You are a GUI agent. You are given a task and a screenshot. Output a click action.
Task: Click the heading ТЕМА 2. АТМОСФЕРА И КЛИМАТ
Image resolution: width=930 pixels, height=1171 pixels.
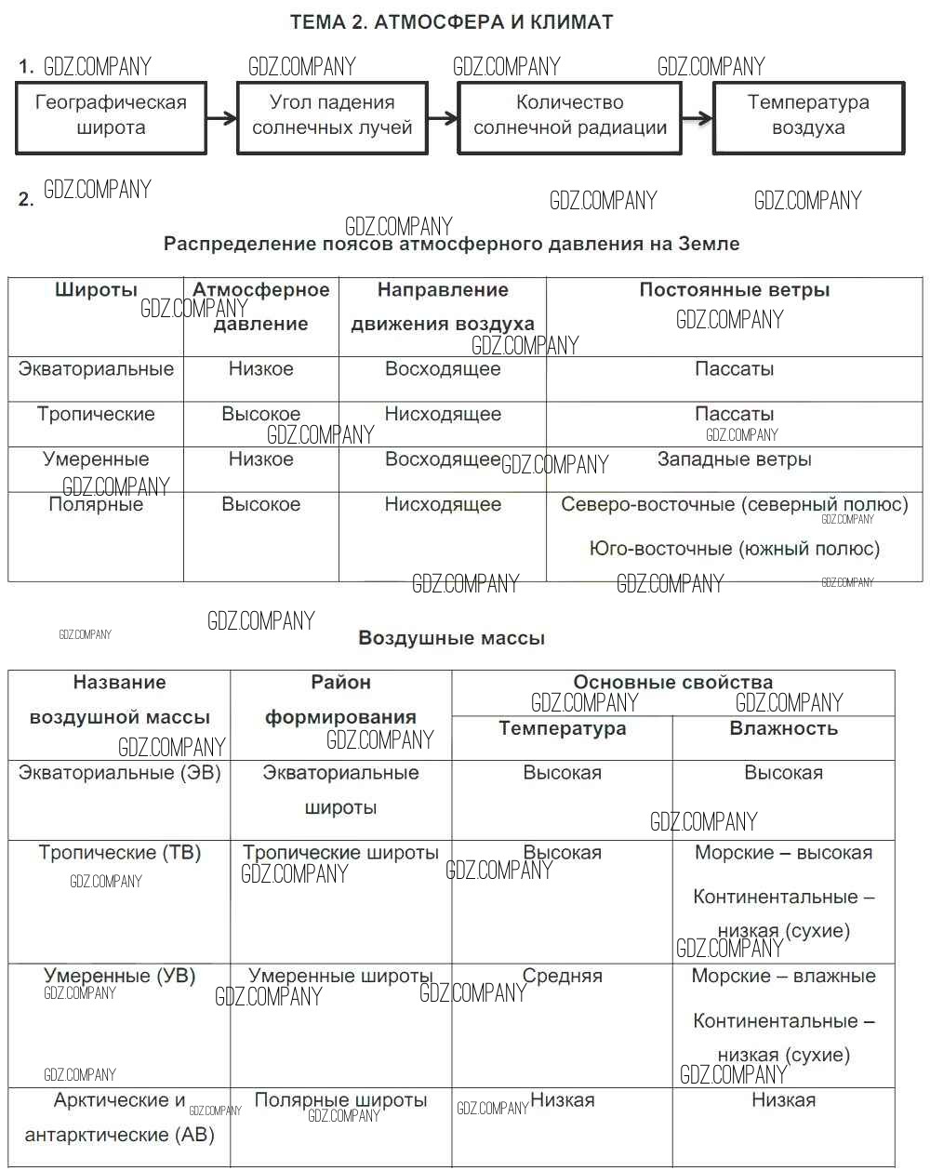point(451,22)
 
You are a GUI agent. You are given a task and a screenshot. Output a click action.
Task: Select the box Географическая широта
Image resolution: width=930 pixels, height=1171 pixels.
point(111,116)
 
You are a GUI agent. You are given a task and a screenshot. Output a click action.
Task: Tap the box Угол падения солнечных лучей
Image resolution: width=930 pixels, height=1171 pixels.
point(332,116)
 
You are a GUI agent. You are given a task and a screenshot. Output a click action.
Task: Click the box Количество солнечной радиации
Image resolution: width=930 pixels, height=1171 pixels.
point(569,116)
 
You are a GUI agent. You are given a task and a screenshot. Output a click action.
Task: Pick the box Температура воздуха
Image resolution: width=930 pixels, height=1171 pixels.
point(808,116)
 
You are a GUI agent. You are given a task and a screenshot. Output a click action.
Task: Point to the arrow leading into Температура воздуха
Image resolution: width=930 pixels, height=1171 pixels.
point(697,118)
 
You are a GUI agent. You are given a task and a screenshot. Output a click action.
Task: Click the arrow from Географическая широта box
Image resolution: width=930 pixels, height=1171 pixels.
point(221,118)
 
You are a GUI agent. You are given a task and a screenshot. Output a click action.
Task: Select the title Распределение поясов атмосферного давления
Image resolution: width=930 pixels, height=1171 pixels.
point(451,245)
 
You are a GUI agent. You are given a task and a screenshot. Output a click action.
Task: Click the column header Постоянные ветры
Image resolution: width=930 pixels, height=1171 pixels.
point(734,290)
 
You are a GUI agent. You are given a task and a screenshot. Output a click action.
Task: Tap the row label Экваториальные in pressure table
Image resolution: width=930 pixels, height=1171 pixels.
point(96,369)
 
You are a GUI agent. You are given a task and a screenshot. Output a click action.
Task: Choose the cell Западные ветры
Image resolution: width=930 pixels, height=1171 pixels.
point(734,459)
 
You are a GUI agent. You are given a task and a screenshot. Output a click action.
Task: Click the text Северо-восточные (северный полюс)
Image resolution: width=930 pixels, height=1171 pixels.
point(734,505)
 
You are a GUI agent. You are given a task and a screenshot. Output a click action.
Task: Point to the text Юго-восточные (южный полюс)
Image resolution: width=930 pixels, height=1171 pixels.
point(734,549)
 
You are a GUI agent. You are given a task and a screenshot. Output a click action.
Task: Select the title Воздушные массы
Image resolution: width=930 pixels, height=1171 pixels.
point(451,639)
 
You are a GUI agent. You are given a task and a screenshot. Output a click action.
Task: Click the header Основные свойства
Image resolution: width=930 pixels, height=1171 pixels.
point(672,683)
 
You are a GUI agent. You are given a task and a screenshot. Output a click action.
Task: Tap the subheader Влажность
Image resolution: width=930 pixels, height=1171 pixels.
point(783,729)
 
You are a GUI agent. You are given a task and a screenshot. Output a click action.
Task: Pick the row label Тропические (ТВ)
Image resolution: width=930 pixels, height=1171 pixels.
point(120,853)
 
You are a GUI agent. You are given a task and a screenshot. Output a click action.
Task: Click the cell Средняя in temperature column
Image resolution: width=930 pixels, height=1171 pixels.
point(563,977)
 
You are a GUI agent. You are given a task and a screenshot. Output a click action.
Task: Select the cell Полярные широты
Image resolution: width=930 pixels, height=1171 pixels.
point(340,1100)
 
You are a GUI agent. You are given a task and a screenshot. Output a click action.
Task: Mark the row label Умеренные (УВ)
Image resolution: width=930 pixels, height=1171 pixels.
point(120,977)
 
